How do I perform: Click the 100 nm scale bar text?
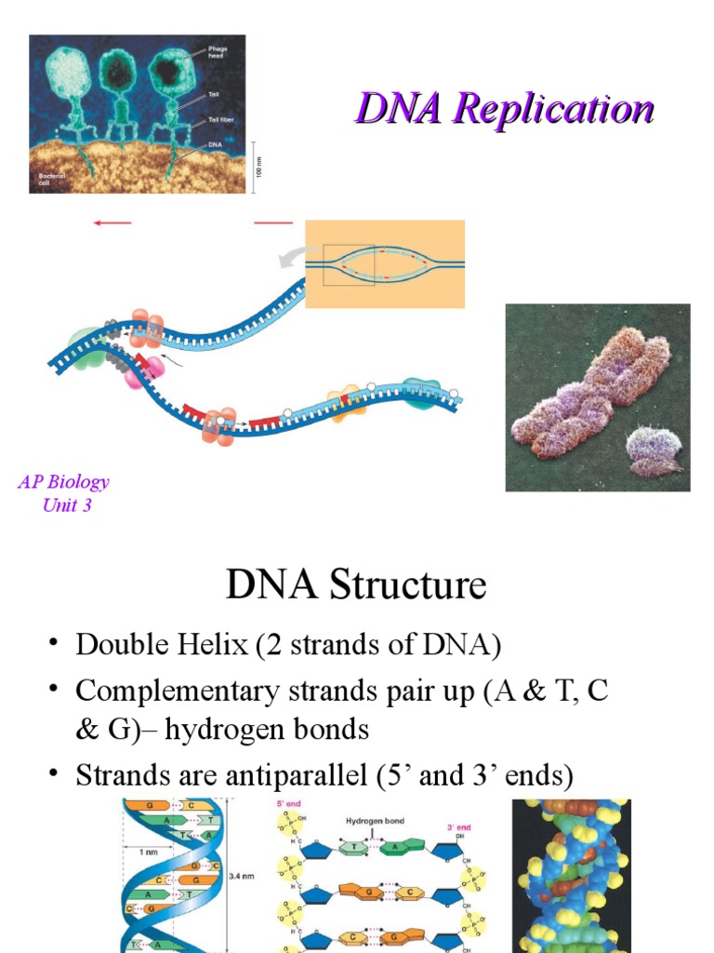pos(261,168)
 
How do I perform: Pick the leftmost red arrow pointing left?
pos(112,222)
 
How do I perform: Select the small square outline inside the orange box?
pos(349,265)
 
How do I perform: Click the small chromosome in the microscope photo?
pos(653,449)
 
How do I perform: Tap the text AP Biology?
pos(63,482)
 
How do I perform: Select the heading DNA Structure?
pos(356,586)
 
